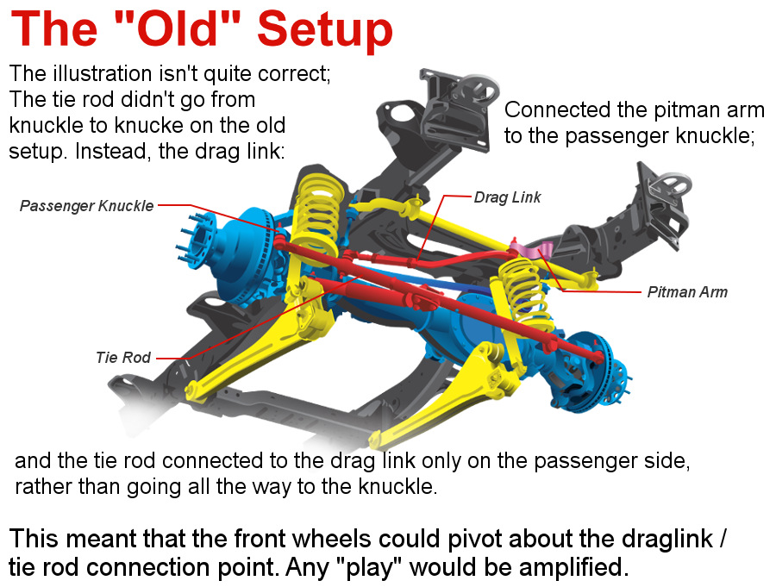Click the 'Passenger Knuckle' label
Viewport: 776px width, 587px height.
[x=86, y=206]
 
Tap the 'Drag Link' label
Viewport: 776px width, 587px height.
[x=507, y=197]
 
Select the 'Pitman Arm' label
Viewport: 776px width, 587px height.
[x=687, y=292]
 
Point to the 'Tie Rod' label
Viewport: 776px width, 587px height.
[x=123, y=358]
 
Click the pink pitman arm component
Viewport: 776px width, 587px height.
[x=533, y=249]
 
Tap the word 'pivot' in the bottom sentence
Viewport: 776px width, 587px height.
[x=474, y=539]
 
